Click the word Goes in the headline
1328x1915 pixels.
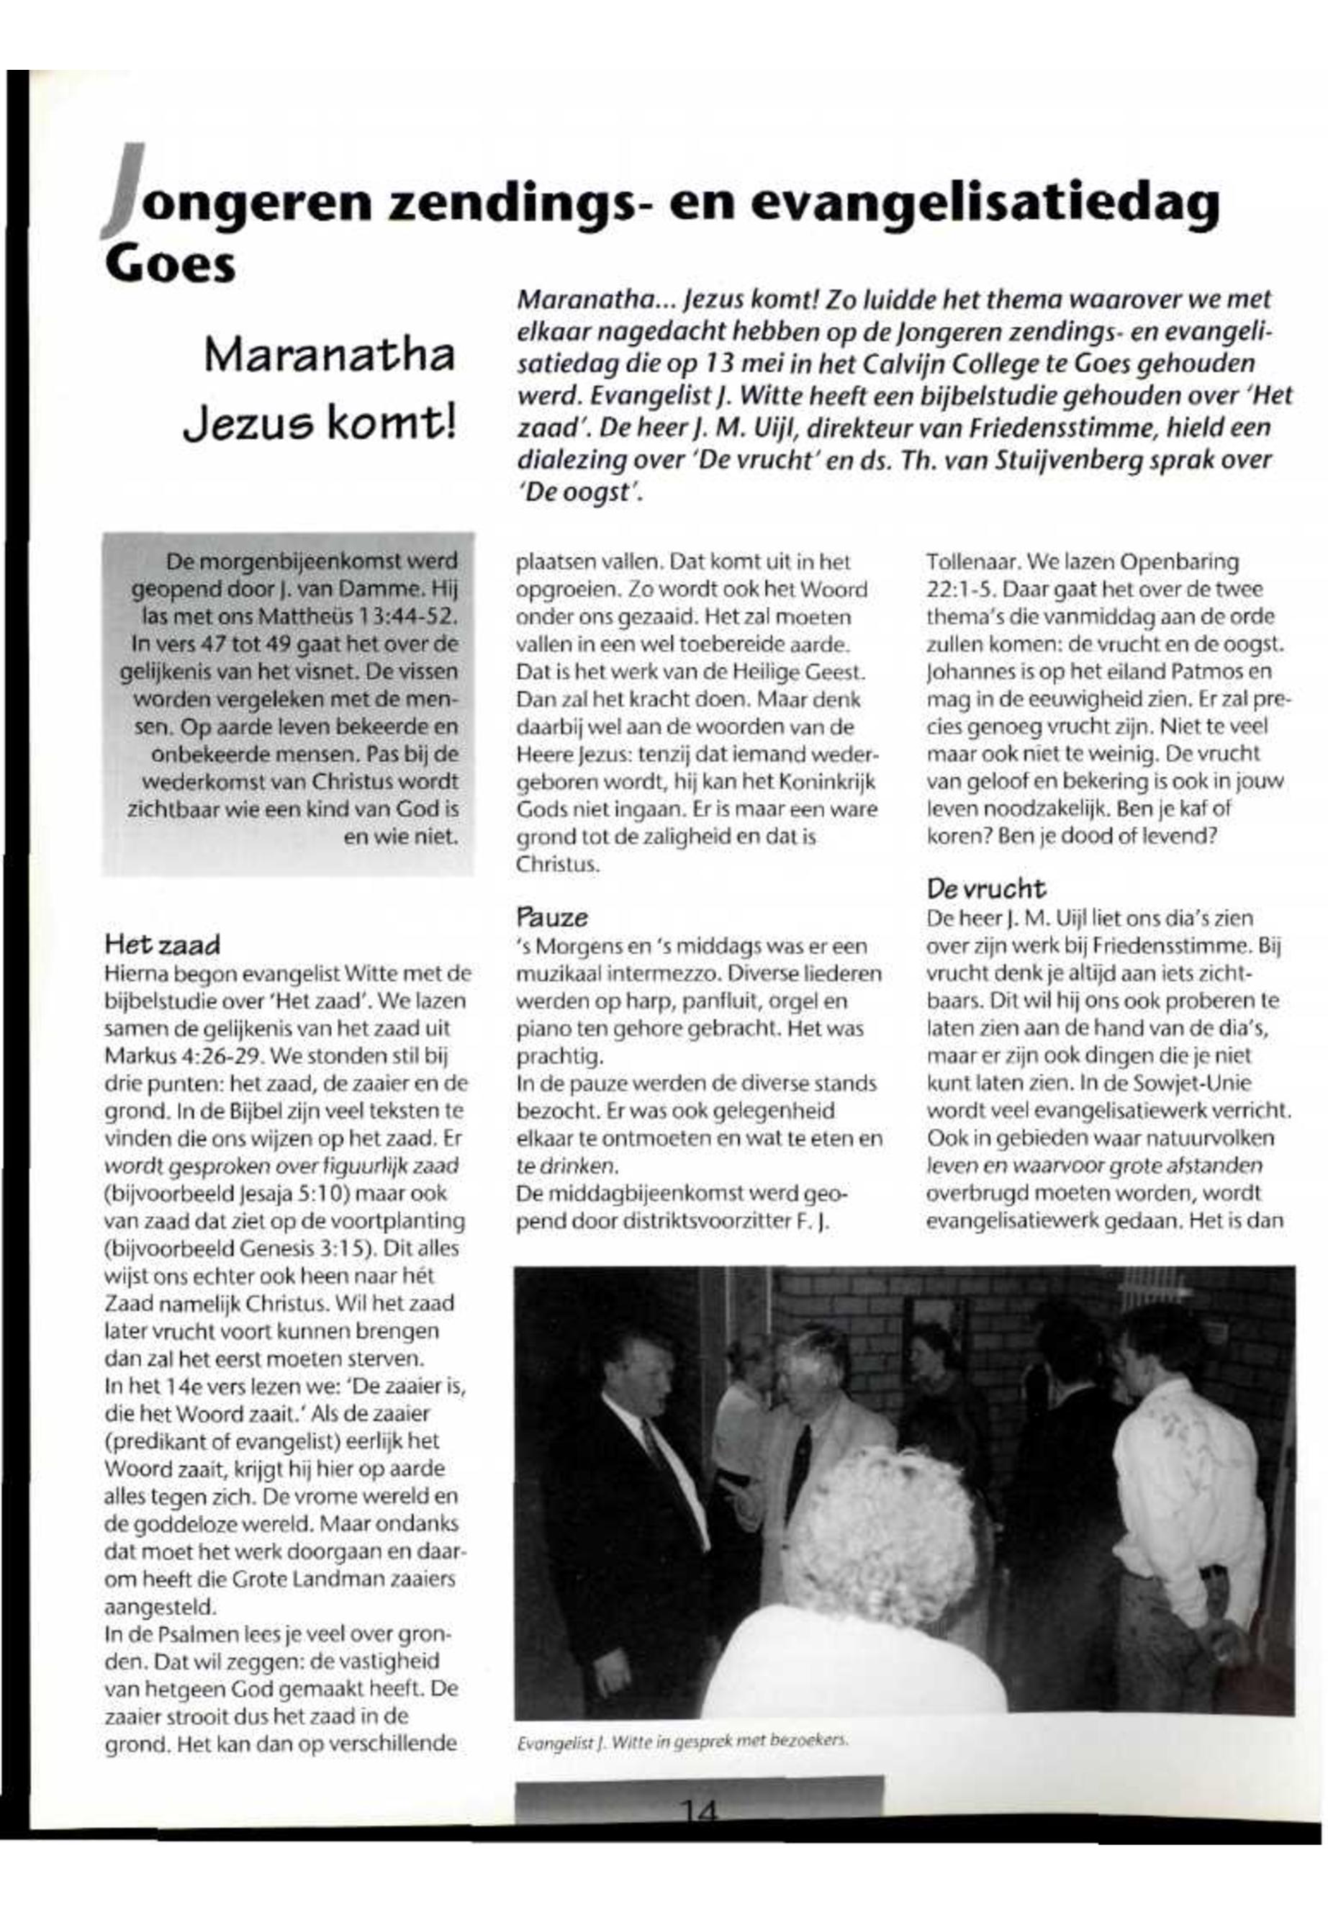tap(170, 265)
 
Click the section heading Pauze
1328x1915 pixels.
tap(551, 917)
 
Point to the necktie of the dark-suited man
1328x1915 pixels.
tap(656, 1447)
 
